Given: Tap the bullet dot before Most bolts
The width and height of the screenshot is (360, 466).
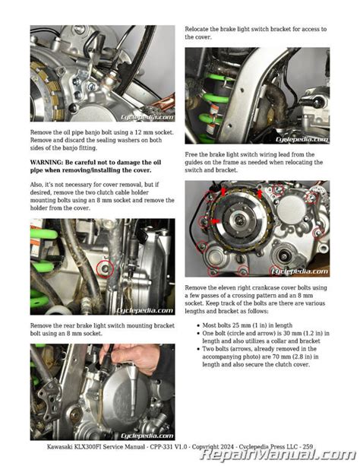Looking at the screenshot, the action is [x=198, y=325].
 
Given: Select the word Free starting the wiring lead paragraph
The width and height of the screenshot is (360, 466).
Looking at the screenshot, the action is [x=191, y=154].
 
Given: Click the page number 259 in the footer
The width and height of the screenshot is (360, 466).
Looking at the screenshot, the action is [x=308, y=447].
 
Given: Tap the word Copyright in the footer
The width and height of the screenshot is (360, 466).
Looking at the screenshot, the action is [x=206, y=447].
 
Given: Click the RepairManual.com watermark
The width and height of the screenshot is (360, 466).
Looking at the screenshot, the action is [x=278, y=455].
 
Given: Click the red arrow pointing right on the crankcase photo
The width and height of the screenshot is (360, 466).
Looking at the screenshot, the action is [x=216, y=221].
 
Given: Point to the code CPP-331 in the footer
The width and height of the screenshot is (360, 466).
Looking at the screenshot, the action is [x=162, y=447].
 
